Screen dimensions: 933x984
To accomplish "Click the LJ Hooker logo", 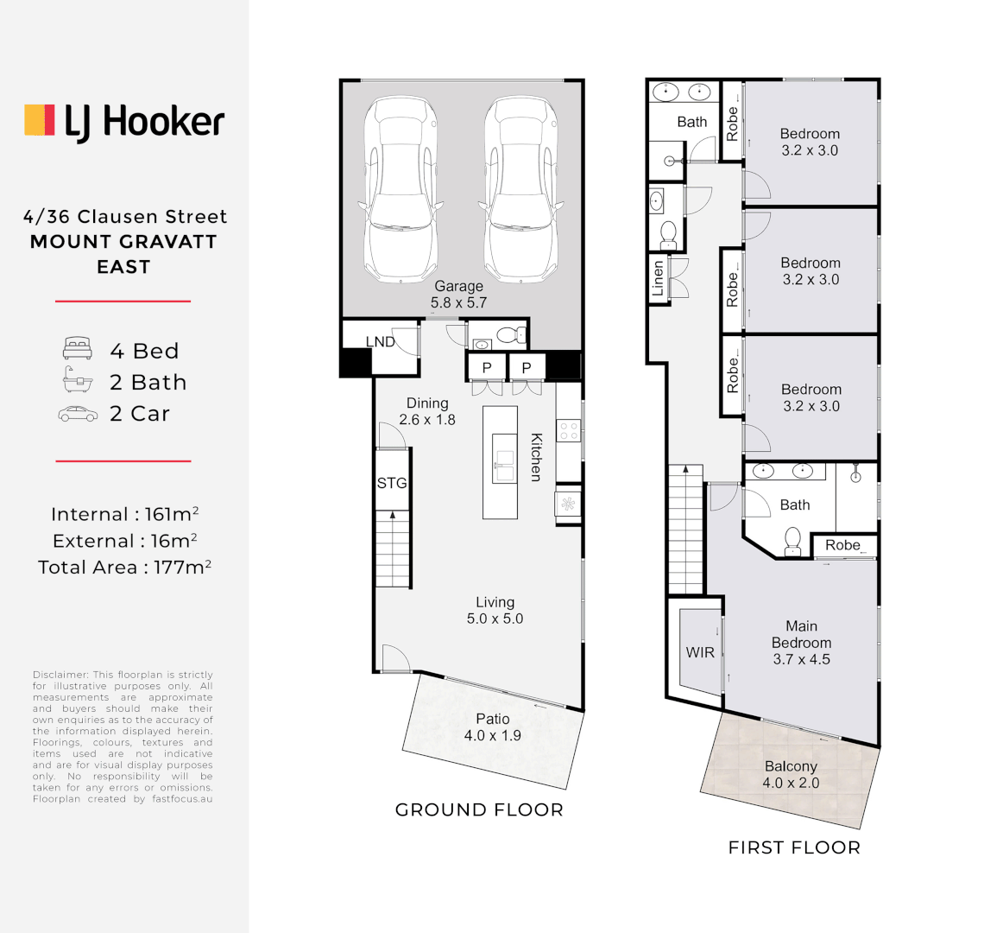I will point(124,122).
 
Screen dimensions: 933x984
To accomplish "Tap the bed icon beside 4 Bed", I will point(77,350).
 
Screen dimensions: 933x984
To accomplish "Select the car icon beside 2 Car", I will point(78,414).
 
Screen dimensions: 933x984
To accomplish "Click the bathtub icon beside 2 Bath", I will point(77,380).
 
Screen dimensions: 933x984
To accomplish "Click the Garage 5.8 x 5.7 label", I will point(458,295).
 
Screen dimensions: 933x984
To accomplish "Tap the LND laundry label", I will point(380,342).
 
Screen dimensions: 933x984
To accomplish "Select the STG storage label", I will point(391,483).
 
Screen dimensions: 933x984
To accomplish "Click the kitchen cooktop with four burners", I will point(569,430).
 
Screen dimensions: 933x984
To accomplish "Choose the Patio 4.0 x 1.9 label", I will point(492,727).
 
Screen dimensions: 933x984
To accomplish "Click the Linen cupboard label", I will point(658,279).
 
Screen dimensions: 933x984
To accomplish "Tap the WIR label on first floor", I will point(700,652).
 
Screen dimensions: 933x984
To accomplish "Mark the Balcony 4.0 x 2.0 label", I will point(791,775).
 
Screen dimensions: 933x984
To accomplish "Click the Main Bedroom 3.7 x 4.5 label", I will point(801,643).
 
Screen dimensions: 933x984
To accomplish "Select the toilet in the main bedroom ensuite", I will point(792,542).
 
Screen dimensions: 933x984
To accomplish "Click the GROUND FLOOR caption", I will point(479,810).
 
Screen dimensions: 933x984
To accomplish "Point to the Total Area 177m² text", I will point(124,568).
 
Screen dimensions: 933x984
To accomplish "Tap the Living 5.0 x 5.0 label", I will point(495,610).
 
